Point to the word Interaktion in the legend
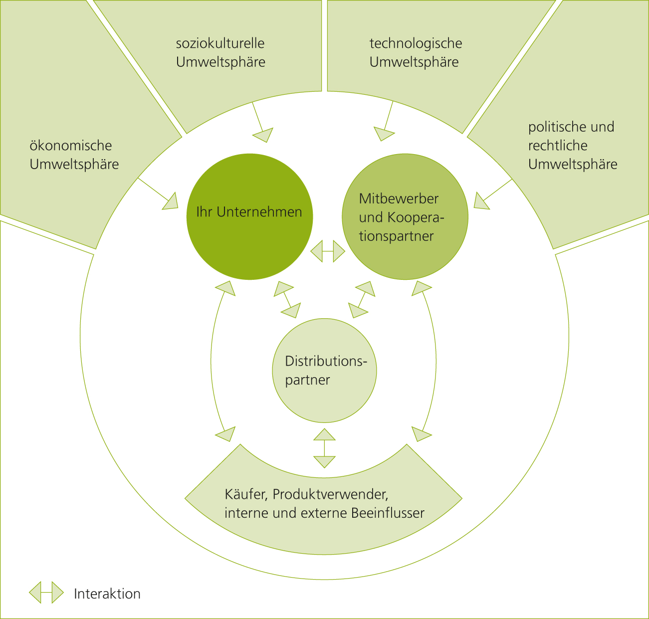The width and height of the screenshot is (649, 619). click(x=107, y=594)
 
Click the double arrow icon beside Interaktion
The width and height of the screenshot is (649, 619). click(x=46, y=593)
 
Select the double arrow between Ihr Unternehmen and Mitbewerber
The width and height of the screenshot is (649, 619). click(x=327, y=251)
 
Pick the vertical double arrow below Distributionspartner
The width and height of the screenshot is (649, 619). click(x=324, y=448)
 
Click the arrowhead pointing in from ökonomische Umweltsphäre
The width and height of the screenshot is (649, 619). click(x=170, y=201)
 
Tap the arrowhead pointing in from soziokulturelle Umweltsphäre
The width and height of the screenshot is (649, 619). click(x=263, y=135)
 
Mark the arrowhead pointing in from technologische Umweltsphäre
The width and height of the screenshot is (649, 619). click(x=384, y=133)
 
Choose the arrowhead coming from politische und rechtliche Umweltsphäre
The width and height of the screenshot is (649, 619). click(x=481, y=201)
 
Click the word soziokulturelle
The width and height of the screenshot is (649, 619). click(x=220, y=43)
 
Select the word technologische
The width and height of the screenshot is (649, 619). click(x=416, y=43)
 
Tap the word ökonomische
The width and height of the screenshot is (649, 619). click(x=71, y=146)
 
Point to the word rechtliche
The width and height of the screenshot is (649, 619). click(x=558, y=146)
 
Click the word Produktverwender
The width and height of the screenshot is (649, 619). click(x=330, y=494)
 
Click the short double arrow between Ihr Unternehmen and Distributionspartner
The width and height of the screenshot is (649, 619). click(x=288, y=299)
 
